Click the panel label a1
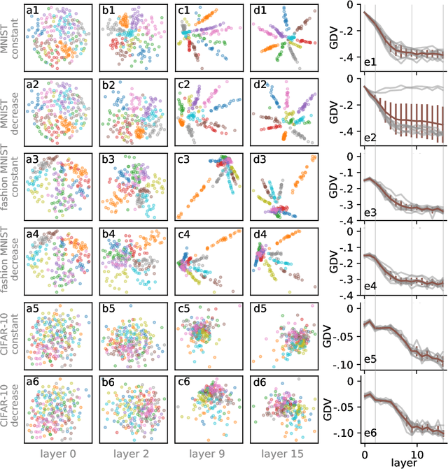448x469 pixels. (32, 10)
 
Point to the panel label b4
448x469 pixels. (108, 234)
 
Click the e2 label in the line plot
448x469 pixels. (371, 138)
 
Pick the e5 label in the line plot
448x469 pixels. (371, 361)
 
